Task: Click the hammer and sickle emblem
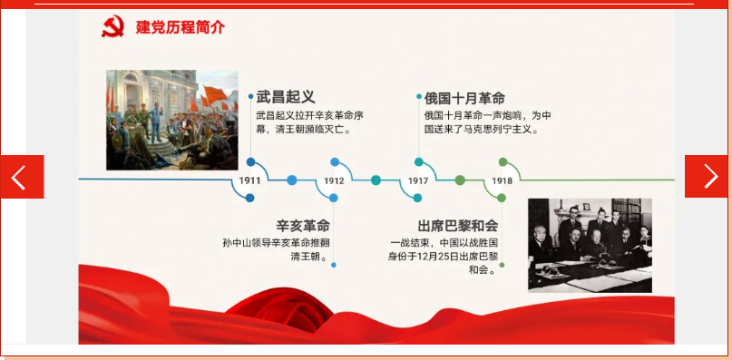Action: (113, 26)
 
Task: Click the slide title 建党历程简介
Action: (181, 27)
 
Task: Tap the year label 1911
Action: (249, 180)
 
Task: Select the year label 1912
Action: (334, 180)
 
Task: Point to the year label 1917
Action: (418, 180)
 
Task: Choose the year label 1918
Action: (502, 180)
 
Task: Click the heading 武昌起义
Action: (286, 97)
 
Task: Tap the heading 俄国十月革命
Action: (464, 98)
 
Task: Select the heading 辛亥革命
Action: (303, 226)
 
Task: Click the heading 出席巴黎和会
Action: (457, 226)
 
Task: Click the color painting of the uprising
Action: (171, 120)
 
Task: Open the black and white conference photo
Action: (590, 245)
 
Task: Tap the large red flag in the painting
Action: (215, 95)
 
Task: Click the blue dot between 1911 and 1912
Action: (292, 180)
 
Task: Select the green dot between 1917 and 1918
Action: (460, 180)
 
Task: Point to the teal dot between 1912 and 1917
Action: (376, 180)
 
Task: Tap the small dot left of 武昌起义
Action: (250, 97)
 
